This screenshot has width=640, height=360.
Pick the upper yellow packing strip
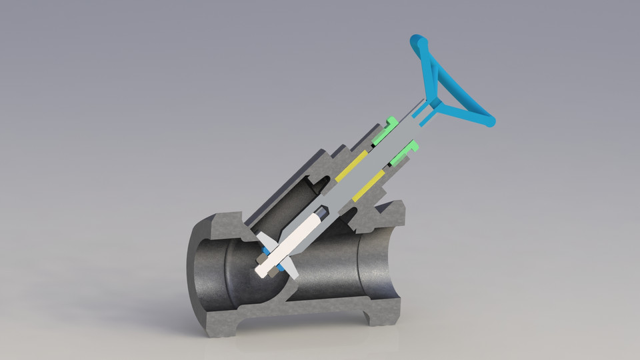351,167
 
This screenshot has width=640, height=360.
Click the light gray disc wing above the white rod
263,238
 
